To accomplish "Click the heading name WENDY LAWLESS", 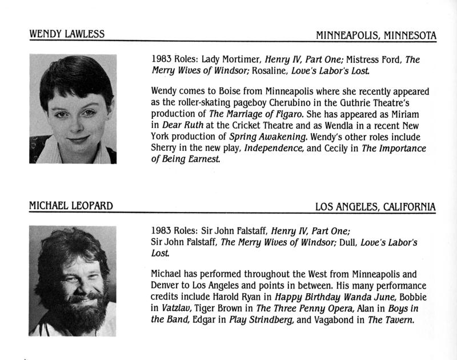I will tap(67, 34).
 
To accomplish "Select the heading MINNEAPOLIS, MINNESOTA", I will tap(376, 35).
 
